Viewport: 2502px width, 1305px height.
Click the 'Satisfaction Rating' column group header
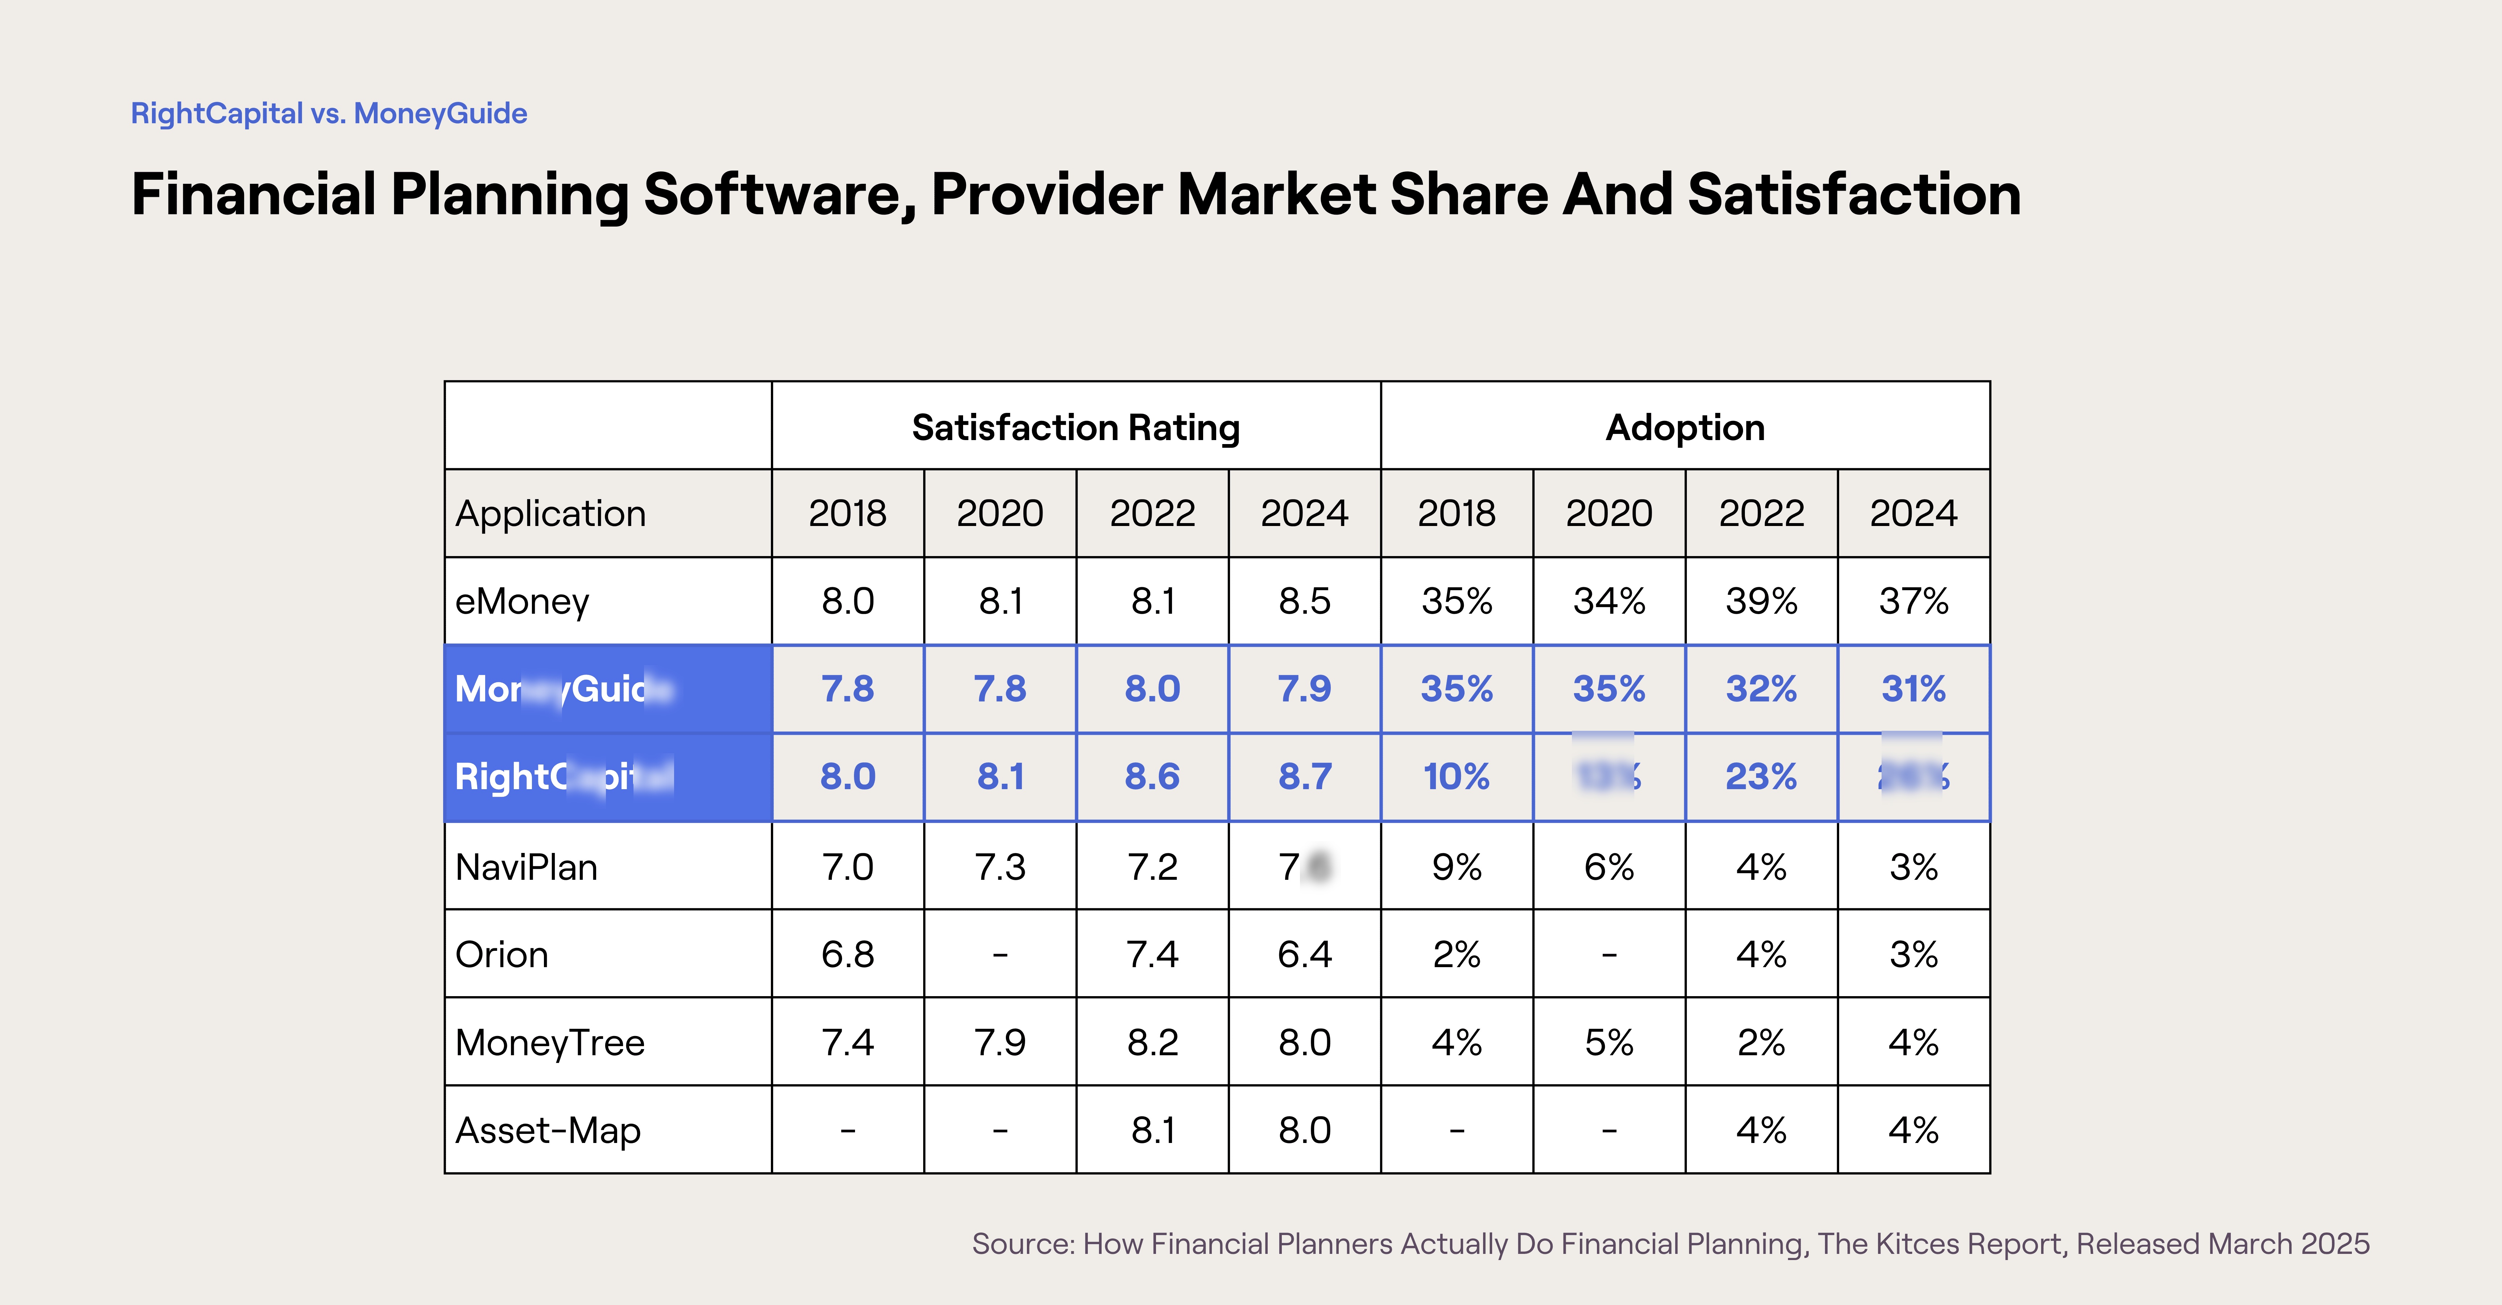point(1075,427)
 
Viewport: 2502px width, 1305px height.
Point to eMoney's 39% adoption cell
point(1761,601)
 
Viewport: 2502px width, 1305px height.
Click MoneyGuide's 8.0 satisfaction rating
point(1152,688)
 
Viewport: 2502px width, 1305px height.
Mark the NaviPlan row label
point(527,866)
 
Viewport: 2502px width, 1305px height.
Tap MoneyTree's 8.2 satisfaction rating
point(1152,1042)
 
